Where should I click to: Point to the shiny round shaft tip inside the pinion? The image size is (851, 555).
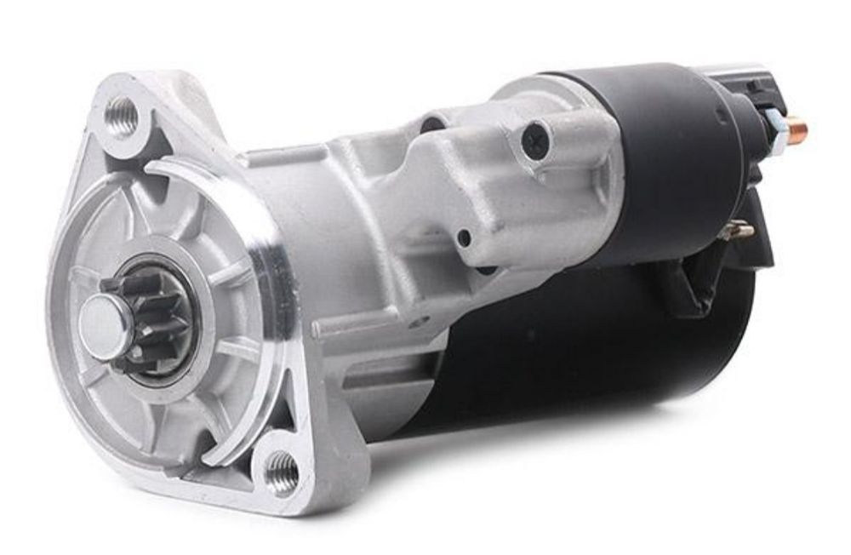[x=100, y=322]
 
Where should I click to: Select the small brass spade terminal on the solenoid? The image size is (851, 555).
[x=740, y=229]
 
